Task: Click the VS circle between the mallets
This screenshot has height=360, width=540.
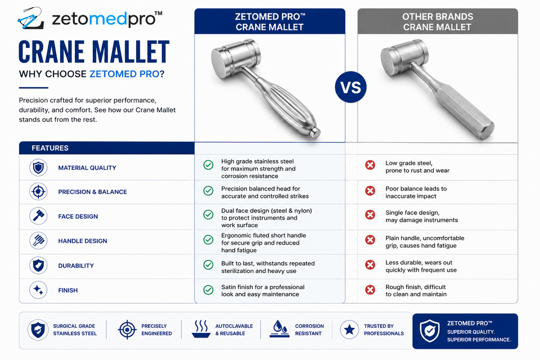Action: (x=350, y=87)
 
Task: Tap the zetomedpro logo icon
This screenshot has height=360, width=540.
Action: (x=30, y=18)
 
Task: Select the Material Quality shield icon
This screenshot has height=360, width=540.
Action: (x=38, y=168)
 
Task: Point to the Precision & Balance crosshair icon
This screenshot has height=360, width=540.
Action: (x=38, y=192)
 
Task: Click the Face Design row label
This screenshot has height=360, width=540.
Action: (x=78, y=217)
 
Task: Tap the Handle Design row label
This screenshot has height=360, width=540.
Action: (x=83, y=241)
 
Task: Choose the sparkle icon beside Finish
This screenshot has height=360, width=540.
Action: (x=38, y=290)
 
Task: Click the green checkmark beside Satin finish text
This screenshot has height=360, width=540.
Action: (x=208, y=290)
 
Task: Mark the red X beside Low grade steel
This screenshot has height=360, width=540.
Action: (x=370, y=165)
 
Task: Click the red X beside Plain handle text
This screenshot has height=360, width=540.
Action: (x=370, y=240)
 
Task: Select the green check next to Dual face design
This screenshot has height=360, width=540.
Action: (x=208, y=215)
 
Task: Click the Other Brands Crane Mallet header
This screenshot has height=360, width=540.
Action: (x=438, y=21)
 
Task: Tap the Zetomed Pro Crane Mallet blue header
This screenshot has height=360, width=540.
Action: (x=269, y=21)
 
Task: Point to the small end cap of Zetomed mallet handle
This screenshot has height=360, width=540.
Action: (x=314, y=133)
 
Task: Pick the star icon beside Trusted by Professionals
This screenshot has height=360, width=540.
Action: (x=349, y=329)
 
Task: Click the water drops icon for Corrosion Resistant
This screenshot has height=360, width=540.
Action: (x=280, y=329)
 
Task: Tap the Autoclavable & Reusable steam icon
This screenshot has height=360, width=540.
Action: (x=201, y=329)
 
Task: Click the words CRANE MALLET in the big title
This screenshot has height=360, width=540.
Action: (x=94, y=52)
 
